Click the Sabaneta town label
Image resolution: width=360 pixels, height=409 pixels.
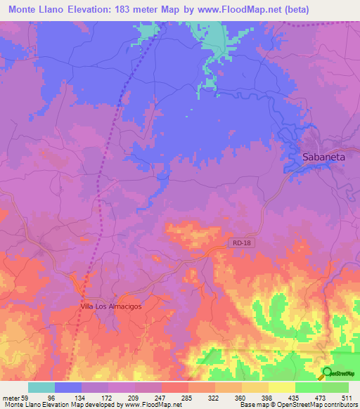tap(323, 157)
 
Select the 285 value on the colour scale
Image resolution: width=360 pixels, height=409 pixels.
tap(188, 397)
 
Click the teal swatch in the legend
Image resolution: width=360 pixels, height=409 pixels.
tap(41, 387)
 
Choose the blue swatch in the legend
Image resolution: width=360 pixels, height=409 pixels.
tap(68, 387)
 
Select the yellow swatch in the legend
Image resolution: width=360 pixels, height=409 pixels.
tap(281, 387)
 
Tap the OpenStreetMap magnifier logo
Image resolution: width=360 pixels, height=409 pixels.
tap(327, 372)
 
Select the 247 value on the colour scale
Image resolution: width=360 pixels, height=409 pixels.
tap(161, 397)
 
